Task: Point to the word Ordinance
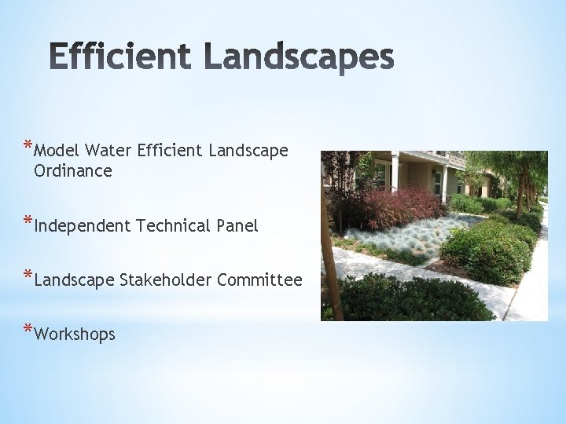73,170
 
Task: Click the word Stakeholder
166,280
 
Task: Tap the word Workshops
75,334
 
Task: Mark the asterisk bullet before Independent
28,221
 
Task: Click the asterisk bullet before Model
28,144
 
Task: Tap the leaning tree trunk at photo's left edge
330,259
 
